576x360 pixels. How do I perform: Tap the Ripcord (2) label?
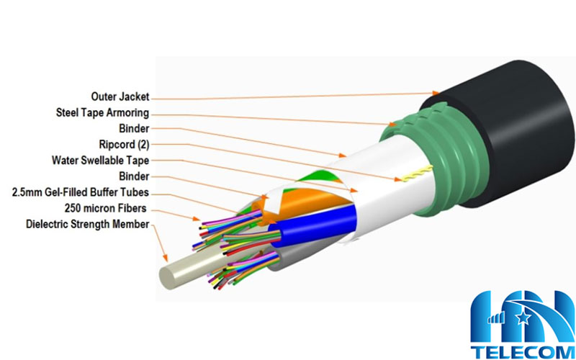click(x=123, y=144)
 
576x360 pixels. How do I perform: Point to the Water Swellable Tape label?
click(x=100, y=160)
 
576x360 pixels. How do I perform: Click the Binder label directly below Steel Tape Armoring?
click(x=135, y=128)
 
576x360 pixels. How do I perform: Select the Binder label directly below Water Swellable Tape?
click(x=135, y=176)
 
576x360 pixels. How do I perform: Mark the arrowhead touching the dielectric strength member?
click(x=167, y=258)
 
